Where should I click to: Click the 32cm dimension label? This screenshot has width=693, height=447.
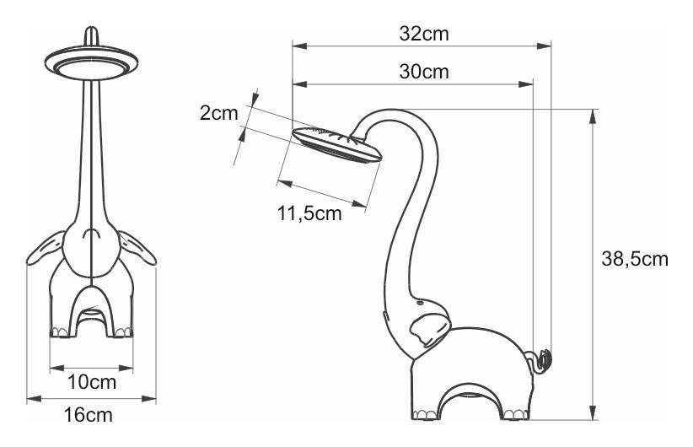coord(424,34)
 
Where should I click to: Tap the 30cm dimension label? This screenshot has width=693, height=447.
coord(424,72)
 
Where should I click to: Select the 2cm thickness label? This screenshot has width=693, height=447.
coord(218,113)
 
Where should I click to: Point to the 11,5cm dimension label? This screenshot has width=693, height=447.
coord(309,213)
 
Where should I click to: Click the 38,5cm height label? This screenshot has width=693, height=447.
coord(635,259)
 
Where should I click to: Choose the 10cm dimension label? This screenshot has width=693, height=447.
coord(92,382)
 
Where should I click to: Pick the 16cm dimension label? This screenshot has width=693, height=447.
coord(88,415)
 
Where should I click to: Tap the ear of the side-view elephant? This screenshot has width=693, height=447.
coord(429,330)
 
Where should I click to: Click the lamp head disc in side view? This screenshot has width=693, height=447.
coord(337,144)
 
